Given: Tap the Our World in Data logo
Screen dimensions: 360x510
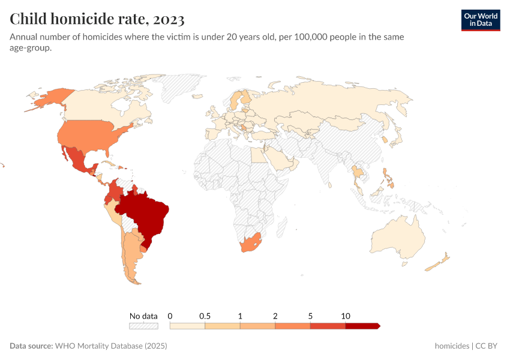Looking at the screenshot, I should tap(480, 20).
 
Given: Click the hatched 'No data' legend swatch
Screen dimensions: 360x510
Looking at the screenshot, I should tap(143, 326).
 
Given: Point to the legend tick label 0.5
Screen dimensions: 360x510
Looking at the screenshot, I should tap(205, 316).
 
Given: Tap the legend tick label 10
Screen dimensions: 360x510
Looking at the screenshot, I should tap(346, 316).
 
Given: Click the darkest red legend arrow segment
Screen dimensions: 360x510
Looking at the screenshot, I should tap(362, 326).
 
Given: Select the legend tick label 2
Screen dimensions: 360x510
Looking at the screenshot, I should tap(275, 316).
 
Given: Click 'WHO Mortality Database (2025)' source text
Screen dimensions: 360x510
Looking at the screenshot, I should tap(111, 346).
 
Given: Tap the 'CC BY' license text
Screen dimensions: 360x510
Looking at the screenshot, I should tap(488, 346).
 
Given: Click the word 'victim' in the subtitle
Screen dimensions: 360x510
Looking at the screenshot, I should tap(233, 37).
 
